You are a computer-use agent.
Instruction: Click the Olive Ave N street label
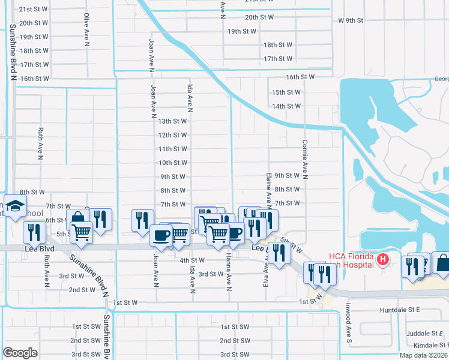pos(87,30)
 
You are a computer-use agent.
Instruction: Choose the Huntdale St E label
pos(402,310)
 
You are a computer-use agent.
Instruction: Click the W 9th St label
pos(351,20)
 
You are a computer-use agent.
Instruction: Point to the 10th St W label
pos(172,163)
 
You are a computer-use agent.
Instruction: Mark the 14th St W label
pos(286,106)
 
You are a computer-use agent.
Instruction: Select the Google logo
pos(20,352)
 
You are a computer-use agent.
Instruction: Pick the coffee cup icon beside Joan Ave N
pos(160,235)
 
